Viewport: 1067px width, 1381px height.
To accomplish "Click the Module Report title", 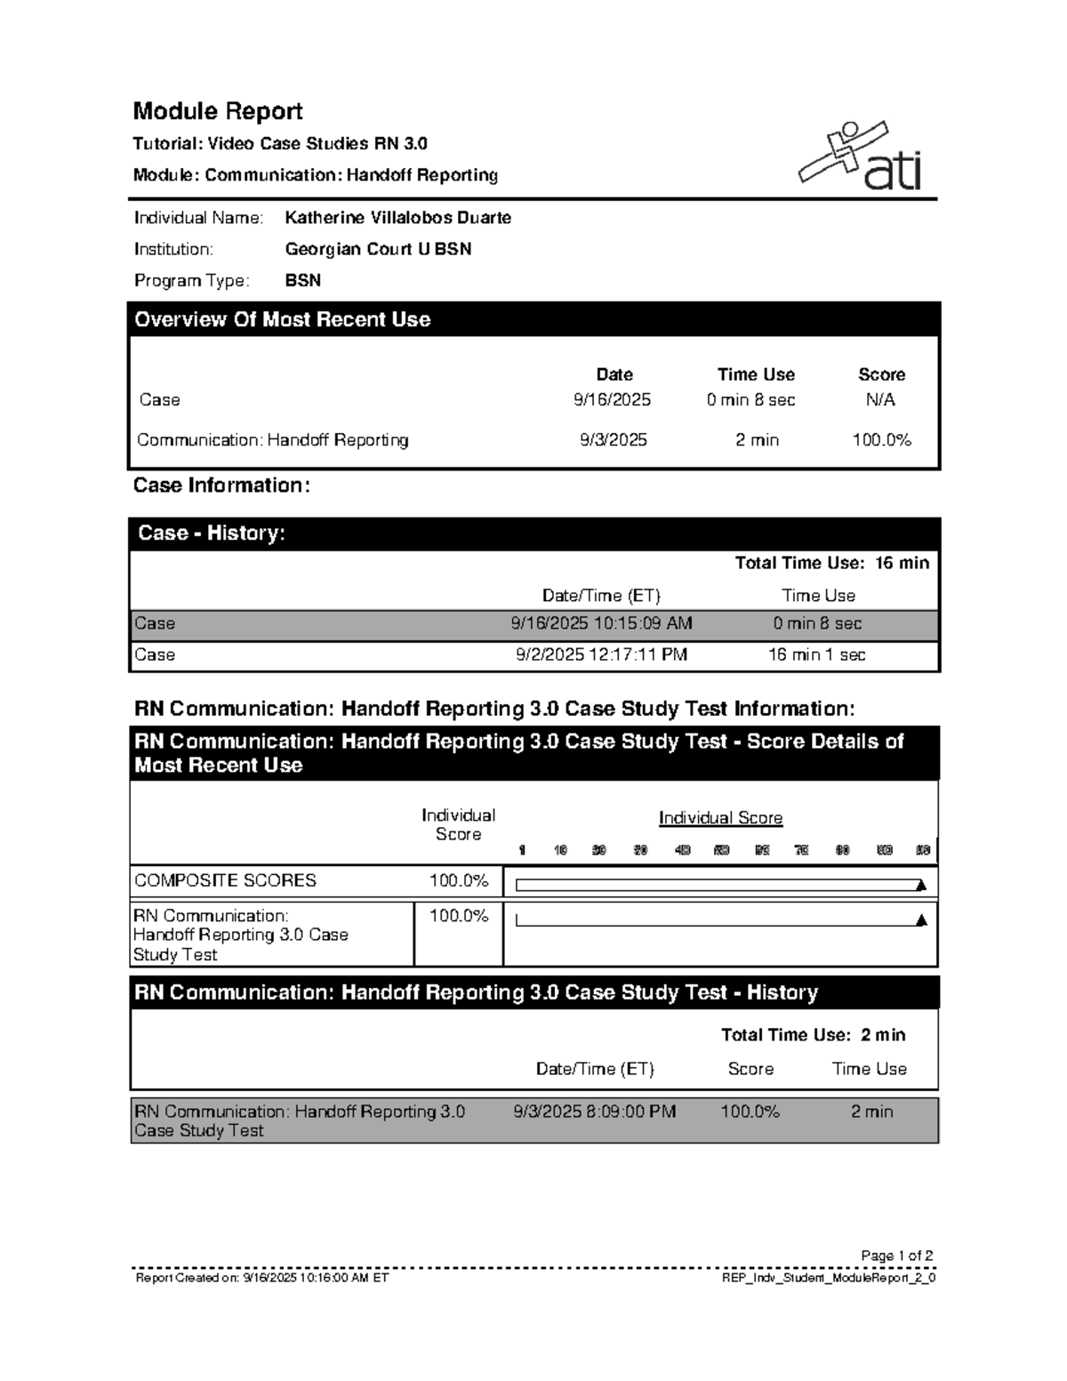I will click(x=218, y=111).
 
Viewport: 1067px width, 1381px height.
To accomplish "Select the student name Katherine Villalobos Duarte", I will click(x=397, y=218).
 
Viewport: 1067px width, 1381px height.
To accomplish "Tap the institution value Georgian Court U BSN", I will click(x=378, y=249).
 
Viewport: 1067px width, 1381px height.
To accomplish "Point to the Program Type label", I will click(x=191, y=281).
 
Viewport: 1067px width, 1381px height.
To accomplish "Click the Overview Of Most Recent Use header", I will click(x=282, y=320).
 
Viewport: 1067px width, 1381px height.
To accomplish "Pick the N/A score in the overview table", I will click(x=880, y=400).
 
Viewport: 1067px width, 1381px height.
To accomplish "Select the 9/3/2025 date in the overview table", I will click(x=614, y=440).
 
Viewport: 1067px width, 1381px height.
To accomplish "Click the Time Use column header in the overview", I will click(x=756, y=374).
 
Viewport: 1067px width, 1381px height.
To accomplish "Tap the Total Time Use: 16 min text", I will click(x=831, y=563).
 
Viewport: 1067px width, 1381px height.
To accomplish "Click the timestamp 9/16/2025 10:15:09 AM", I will click(x=601, y=623).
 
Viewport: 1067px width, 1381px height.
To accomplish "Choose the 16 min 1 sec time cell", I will click(x=816, y=654).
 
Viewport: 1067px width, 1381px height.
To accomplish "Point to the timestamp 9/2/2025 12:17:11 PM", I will click(x=601, y=654).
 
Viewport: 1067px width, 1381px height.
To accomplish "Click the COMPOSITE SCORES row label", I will click(x=225, y=880).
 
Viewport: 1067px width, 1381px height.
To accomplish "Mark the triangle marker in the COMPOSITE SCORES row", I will click(x=921, y=885).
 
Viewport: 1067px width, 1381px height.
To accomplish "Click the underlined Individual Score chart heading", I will click(x=720, y=818).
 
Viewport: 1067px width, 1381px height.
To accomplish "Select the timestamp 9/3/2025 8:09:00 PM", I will click(x=594, y=1112).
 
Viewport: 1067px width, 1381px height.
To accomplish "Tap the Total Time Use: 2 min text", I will click(x=813, y=1035).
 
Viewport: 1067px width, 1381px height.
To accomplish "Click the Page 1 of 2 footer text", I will click(x=896, y=1256).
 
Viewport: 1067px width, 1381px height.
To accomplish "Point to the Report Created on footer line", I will click(x=262, y=1278).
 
